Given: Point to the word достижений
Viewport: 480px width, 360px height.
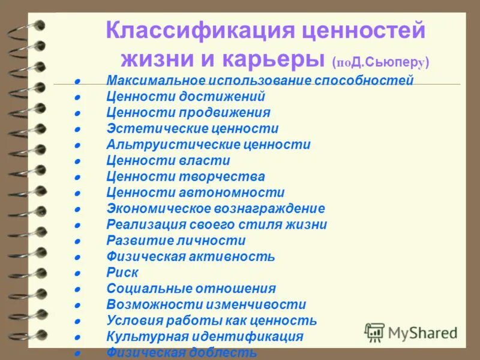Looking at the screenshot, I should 227,97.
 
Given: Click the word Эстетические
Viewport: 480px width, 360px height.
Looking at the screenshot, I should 155,128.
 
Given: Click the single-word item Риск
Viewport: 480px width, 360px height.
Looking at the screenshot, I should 122,273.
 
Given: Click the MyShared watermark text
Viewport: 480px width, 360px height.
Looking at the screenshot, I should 423,332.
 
